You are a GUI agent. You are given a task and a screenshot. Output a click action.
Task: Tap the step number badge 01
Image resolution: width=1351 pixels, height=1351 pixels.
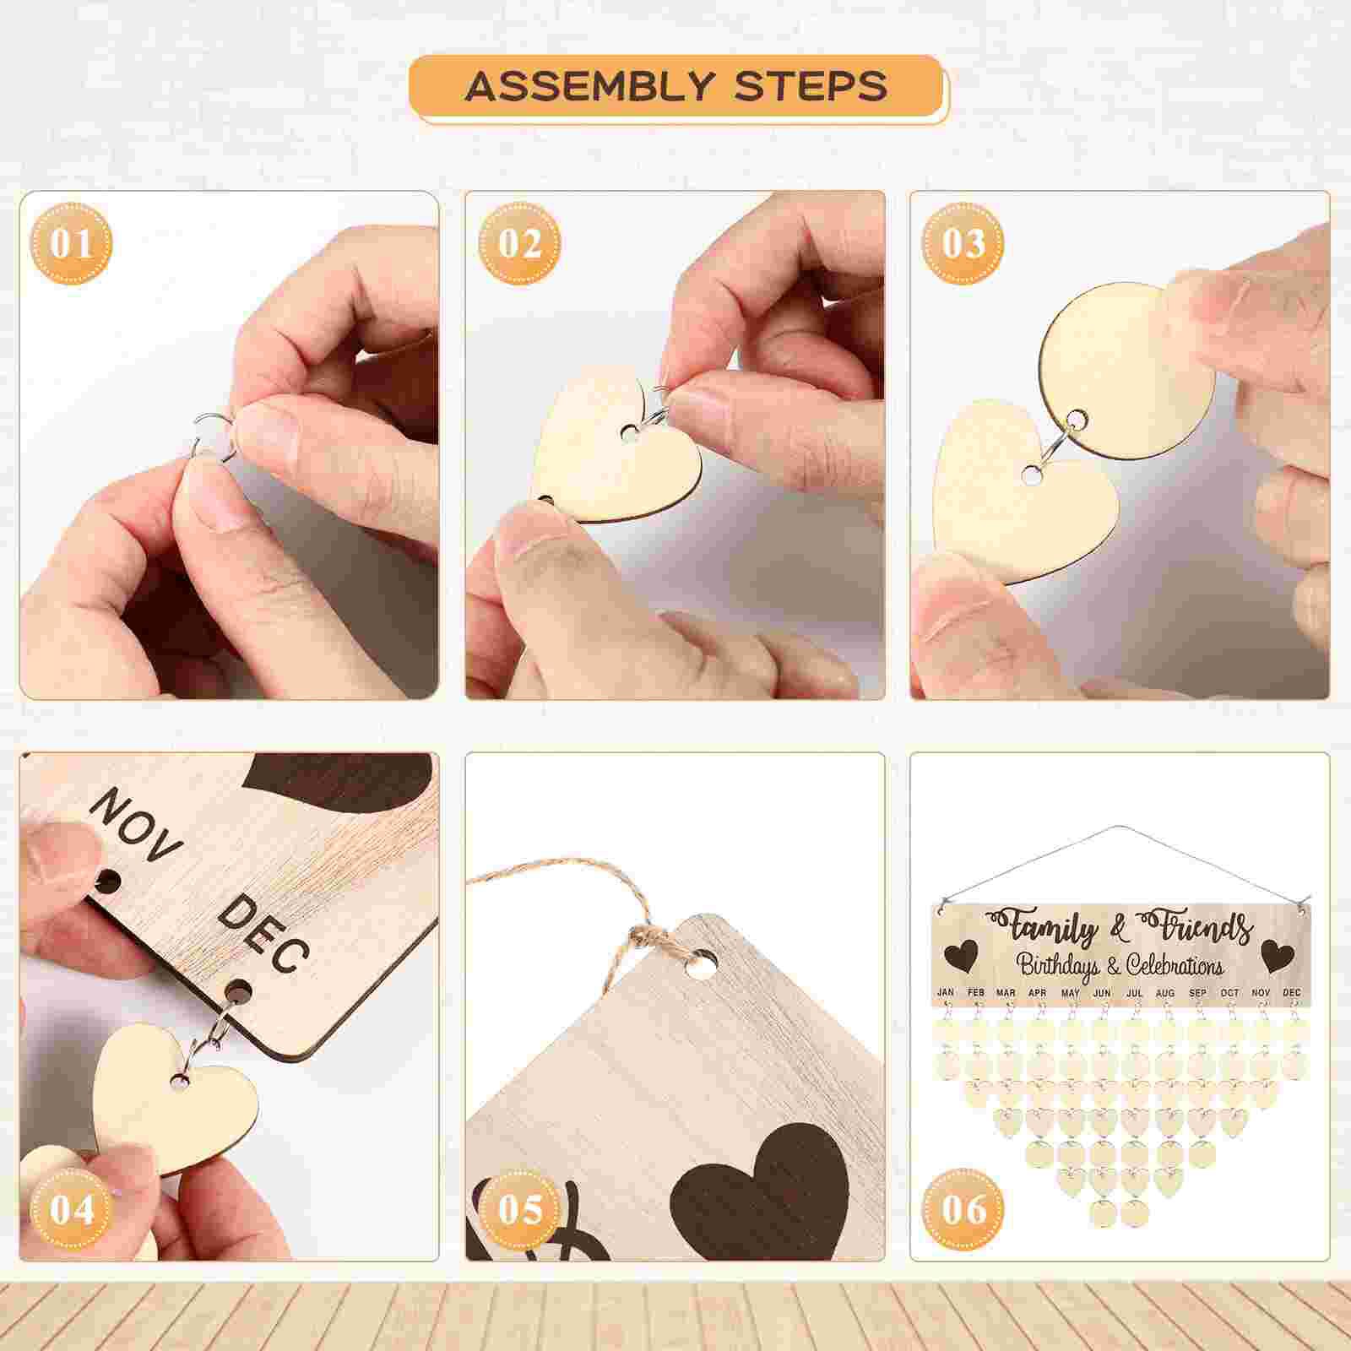(72, 244)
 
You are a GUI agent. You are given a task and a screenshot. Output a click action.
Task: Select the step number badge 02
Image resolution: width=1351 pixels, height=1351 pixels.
(518, 244)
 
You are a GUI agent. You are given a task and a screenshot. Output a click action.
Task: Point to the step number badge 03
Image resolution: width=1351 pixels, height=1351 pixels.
(963, 244)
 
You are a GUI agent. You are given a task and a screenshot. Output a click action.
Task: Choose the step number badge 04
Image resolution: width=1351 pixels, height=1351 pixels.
(72, 1210)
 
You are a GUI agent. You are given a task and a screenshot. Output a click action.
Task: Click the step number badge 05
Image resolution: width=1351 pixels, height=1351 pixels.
(518, 1210)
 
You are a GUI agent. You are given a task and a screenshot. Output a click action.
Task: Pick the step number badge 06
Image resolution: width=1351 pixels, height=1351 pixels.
(963, 1210)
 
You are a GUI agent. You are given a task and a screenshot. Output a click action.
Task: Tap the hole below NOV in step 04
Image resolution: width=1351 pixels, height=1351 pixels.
(107, 883)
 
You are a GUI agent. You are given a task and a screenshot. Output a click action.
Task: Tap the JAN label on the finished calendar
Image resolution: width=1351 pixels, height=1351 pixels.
(946, 992)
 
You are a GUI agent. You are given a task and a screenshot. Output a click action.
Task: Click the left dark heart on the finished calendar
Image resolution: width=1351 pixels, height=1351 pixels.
(962, 956)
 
